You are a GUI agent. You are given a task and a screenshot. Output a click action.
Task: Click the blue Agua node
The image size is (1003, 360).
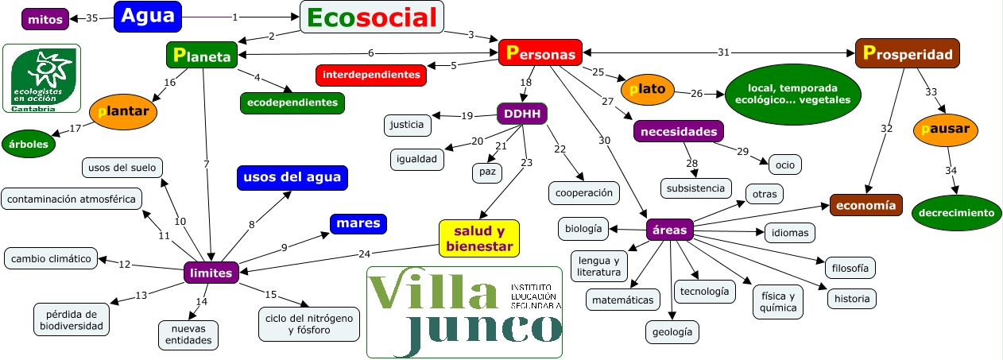pos(148,16)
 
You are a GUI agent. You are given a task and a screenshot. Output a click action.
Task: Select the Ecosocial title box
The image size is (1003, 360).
pos(371,17)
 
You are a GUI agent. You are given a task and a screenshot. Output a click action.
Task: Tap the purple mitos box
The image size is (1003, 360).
pos(45,18)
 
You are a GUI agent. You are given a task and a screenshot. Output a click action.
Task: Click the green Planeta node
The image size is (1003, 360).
pos(202,55)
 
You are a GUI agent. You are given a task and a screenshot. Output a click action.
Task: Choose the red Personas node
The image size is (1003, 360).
pos(540,53)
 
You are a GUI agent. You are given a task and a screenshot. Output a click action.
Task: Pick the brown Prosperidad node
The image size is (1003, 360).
pos(907,53)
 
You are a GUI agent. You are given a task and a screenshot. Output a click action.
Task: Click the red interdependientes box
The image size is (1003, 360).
pos(371,75)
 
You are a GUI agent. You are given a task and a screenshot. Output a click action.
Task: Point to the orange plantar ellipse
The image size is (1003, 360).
pos(123,112)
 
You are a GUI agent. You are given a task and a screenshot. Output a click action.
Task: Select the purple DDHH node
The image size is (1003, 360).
pos(522,114)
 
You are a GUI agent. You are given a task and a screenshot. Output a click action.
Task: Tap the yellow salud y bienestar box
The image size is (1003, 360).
pos(478,238)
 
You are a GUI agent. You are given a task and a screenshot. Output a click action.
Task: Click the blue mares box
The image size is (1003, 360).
pos(358,223)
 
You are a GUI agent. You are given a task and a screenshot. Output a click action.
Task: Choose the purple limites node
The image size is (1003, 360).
pos(211,273)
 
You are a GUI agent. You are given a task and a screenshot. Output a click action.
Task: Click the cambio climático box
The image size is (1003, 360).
pos(51,258)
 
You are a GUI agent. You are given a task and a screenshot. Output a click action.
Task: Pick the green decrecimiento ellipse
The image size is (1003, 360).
pos(956,212)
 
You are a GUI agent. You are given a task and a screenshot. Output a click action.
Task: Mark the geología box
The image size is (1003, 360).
pos(672,332)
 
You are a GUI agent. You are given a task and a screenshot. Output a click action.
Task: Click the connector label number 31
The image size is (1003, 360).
pos(722,53)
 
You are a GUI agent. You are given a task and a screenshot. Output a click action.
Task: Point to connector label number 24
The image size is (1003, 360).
pos(364,254)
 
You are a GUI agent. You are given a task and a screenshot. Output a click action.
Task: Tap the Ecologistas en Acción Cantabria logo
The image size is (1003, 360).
pos(41,79)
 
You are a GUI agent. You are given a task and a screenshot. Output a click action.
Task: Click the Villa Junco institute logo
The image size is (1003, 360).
pos(465,312)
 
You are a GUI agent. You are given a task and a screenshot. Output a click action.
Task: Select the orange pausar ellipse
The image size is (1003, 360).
pos(945,129)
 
